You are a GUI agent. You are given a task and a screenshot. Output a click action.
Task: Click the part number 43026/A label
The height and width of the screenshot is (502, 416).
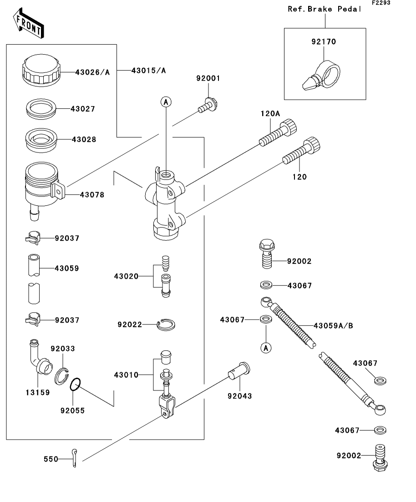(x=92, y=72)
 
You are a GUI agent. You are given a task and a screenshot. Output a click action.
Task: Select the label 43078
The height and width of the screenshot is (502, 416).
(x=92, y=195)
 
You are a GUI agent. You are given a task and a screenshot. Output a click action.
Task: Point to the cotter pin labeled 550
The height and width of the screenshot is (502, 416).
(x=75, y=457)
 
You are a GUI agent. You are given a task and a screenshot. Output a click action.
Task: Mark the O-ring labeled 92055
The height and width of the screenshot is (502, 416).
(x=76, y=385)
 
